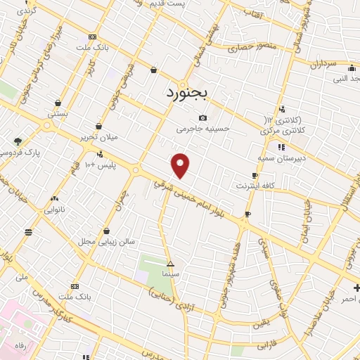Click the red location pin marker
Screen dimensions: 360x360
pos(181,165)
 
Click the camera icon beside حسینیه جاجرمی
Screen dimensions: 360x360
pos(203,117)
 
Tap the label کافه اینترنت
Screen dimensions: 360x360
pos(253,186)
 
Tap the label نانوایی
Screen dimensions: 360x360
pos(55,210)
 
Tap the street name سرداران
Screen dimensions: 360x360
pos(324,64)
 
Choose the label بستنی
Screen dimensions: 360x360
pos(57,112)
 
